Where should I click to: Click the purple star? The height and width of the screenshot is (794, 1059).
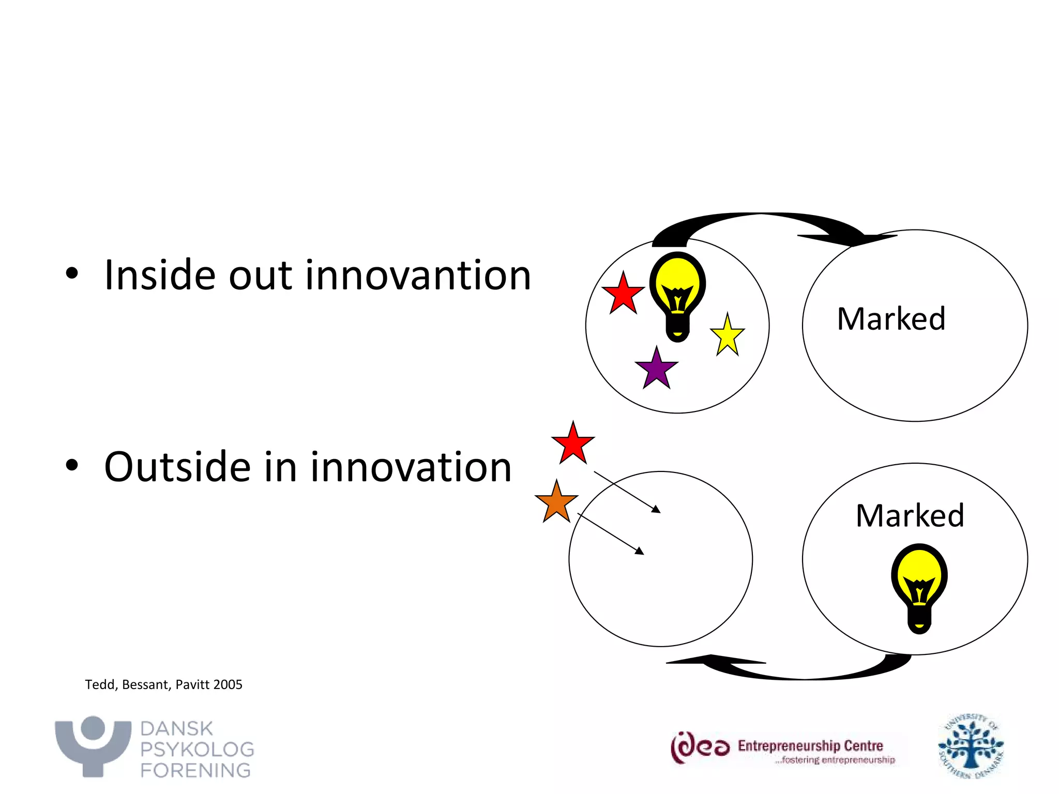(x=656, y=370)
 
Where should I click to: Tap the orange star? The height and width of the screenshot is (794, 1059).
(x=556, y=503)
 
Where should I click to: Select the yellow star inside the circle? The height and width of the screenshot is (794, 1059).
(x=728, y=337)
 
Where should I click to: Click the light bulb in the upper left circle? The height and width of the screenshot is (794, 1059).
(x=677, y=296)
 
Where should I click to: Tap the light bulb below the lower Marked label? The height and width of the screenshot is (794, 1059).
(x=919, y=587)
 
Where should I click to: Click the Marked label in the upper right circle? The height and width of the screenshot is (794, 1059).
(x=891, y=318)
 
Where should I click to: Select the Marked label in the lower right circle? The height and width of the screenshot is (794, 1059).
(x=910, y=515)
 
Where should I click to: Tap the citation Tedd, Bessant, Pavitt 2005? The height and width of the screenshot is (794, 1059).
(x=163, y=684)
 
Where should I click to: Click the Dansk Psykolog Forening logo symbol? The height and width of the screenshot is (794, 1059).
(x=93, y=745)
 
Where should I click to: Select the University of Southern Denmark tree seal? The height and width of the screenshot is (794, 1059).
(x=971, y=746)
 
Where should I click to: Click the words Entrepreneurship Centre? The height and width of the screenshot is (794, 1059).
(x=810, y=745)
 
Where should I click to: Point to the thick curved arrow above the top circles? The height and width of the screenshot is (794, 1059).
(x=760, y=222)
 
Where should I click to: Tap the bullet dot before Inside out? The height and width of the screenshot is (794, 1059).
(x=72, y=274)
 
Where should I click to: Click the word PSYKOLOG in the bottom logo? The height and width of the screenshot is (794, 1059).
(x=197, y=750)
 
